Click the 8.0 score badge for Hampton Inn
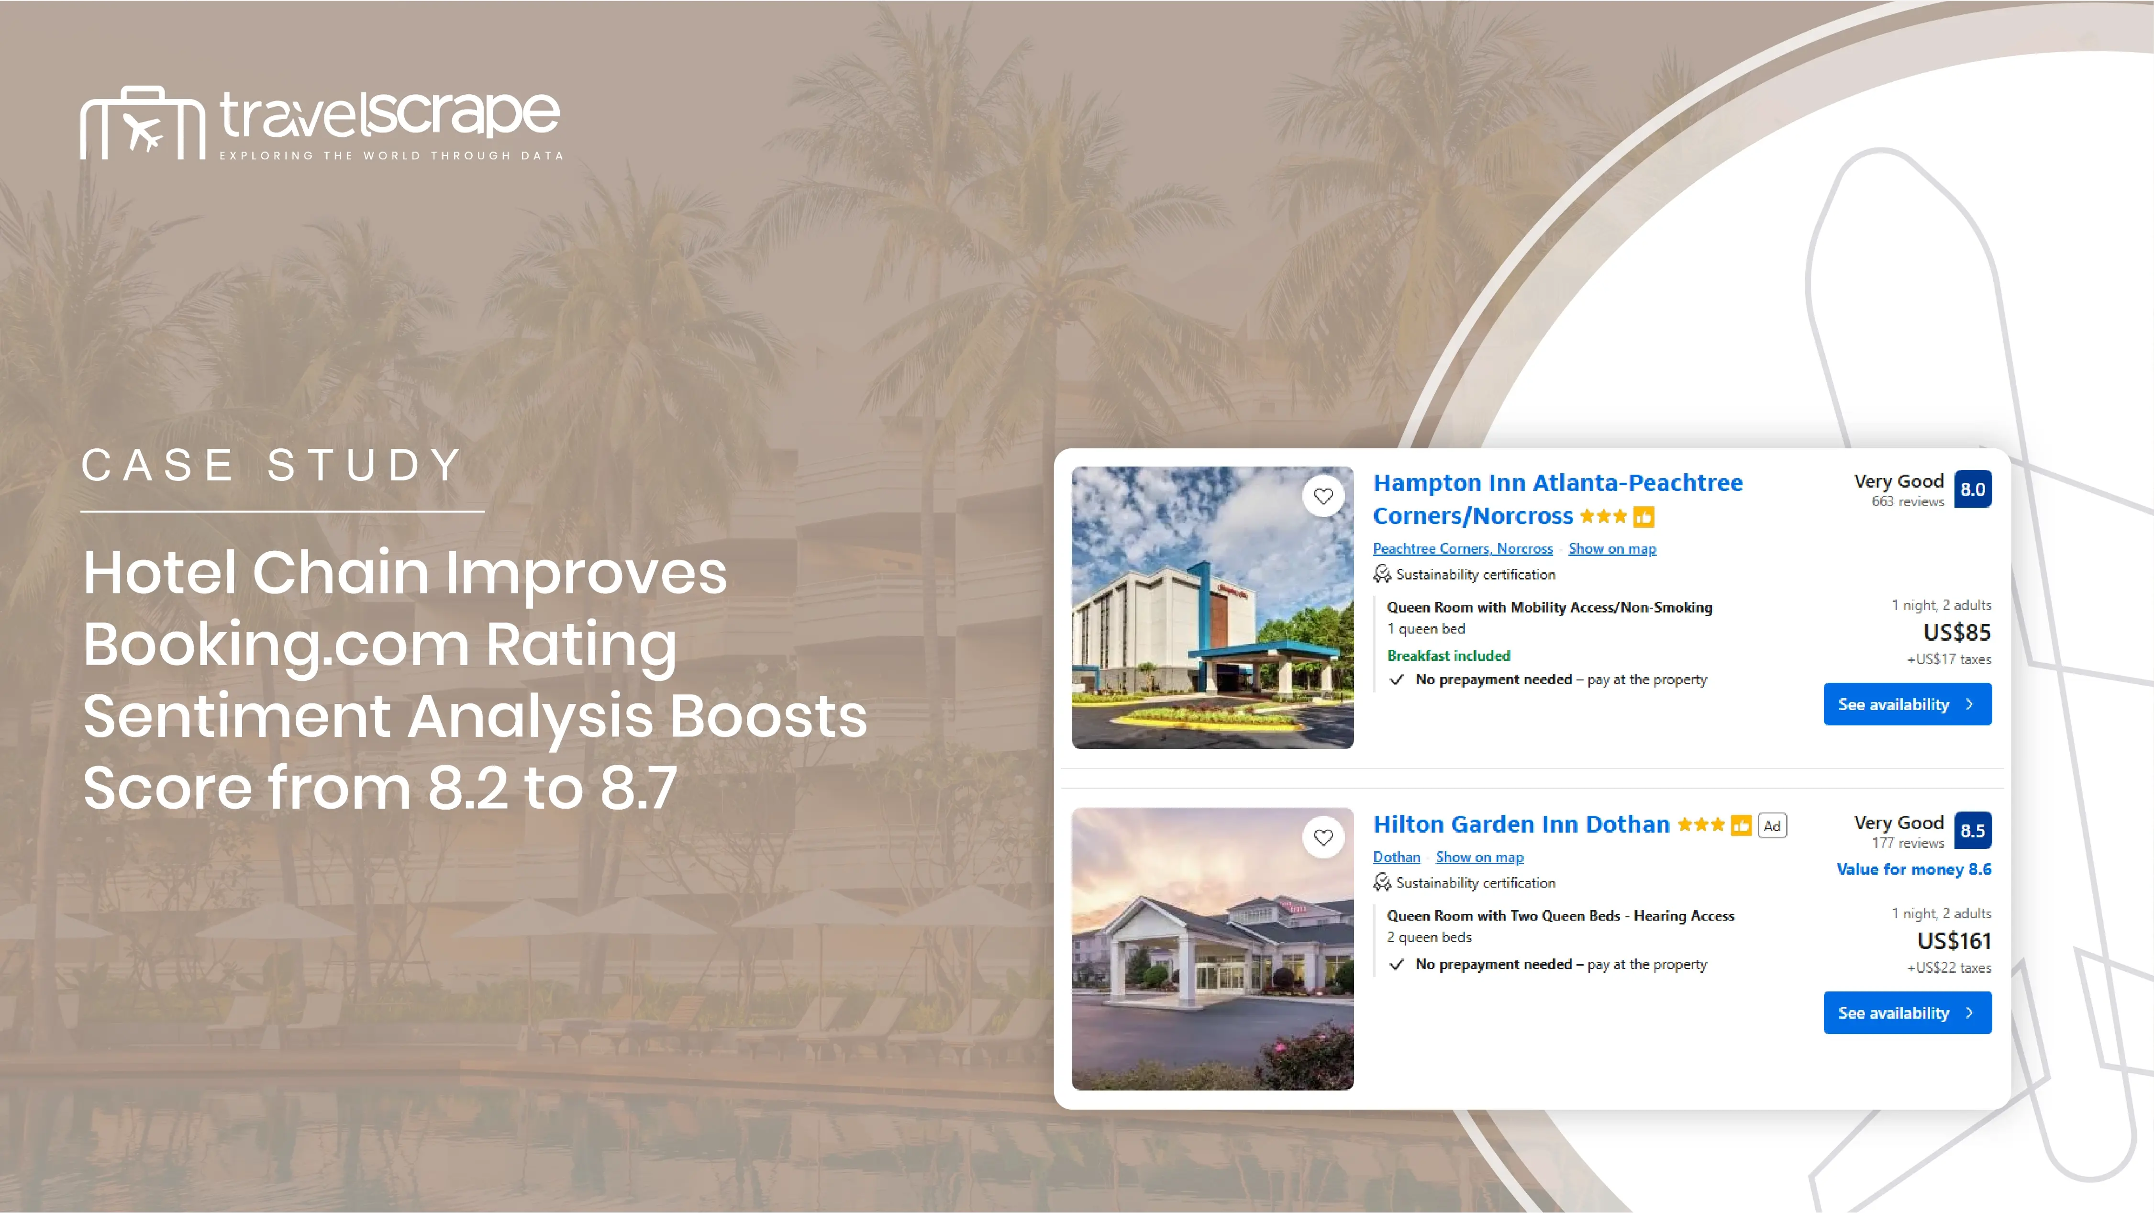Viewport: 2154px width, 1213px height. click(x=1973, y=489)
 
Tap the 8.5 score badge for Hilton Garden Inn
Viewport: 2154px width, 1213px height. click(x=1973, y=830)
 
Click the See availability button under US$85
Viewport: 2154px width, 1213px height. click(x=1907, y=704)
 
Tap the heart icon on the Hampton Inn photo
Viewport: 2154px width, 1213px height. click(x=1323, y=496)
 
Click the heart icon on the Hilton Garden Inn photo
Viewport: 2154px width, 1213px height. click(x=1323, y=837)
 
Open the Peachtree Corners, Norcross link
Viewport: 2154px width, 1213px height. click(x=1463, y=548)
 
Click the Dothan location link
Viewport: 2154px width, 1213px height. click(x=1397, y=857)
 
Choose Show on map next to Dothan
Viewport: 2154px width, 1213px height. click(x=1479, y=857)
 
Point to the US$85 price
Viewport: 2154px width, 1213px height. click(x=1957, y=632)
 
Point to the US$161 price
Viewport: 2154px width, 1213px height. click(x=1954, y=940)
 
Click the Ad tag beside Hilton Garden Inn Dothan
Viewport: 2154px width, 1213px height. click(x=1772, y=826)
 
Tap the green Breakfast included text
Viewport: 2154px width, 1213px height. click(x=1448, y=656)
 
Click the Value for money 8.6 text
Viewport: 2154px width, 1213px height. click(x=1914, y=869)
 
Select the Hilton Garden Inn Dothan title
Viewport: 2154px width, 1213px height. click(x=1521, y=824)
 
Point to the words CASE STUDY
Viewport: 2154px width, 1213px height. click(x=272, y=465)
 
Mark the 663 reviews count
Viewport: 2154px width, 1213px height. click(x=1907, y=501)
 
